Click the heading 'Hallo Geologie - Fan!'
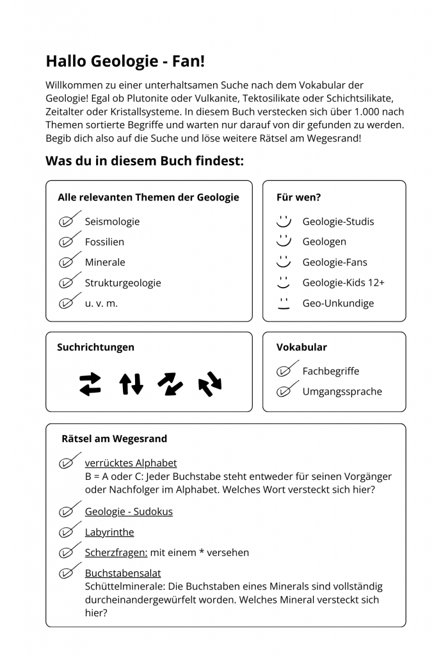coord(125,61)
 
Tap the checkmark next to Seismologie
coord(69,220)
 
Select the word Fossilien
coord(104,242)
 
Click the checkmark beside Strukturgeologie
coord(69,282)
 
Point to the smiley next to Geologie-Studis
coord(283,221)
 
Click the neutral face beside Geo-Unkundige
coord(283,303)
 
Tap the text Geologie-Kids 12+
coord(343,283)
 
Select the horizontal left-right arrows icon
coord(90,384)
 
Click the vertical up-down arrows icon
coord(131,384)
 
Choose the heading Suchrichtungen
coord(95,347)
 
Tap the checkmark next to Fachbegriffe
coord(287,370)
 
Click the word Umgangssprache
coord(342,391)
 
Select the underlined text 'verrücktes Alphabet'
coord(131,463)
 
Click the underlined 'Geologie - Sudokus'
coord(129,512)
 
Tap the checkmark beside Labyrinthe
coord(69,532)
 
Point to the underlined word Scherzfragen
coord(116,552)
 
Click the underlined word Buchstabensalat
coord(123,573)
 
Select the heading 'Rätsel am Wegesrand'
coord(114,439)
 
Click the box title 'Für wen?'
coord(298,197)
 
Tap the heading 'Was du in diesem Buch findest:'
coord(144,161)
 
